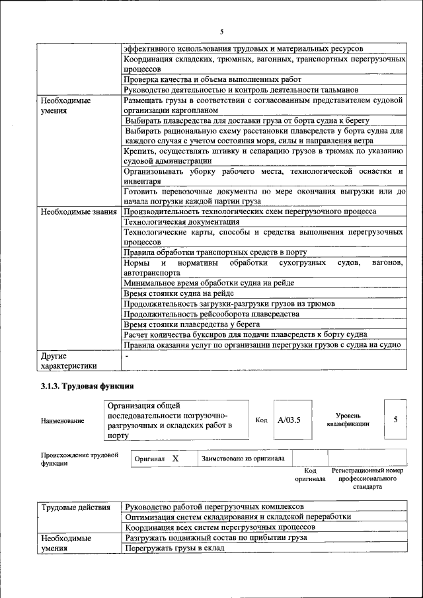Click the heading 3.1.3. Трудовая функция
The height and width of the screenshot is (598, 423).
pos(87,387)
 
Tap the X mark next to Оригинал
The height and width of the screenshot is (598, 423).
pos(176,458)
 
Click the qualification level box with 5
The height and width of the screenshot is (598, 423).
pos(395,420)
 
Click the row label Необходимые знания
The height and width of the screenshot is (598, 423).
pos(79,211)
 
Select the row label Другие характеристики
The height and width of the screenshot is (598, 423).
pos(69,360)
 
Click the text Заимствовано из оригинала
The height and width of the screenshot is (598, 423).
pos(243,458)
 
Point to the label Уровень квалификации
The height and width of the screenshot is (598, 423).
pos(347,420)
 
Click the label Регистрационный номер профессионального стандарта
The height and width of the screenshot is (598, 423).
pos(367,478)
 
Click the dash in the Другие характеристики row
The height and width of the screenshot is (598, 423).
pos(126,355)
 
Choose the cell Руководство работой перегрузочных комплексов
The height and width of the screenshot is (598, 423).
pos(214,507)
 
